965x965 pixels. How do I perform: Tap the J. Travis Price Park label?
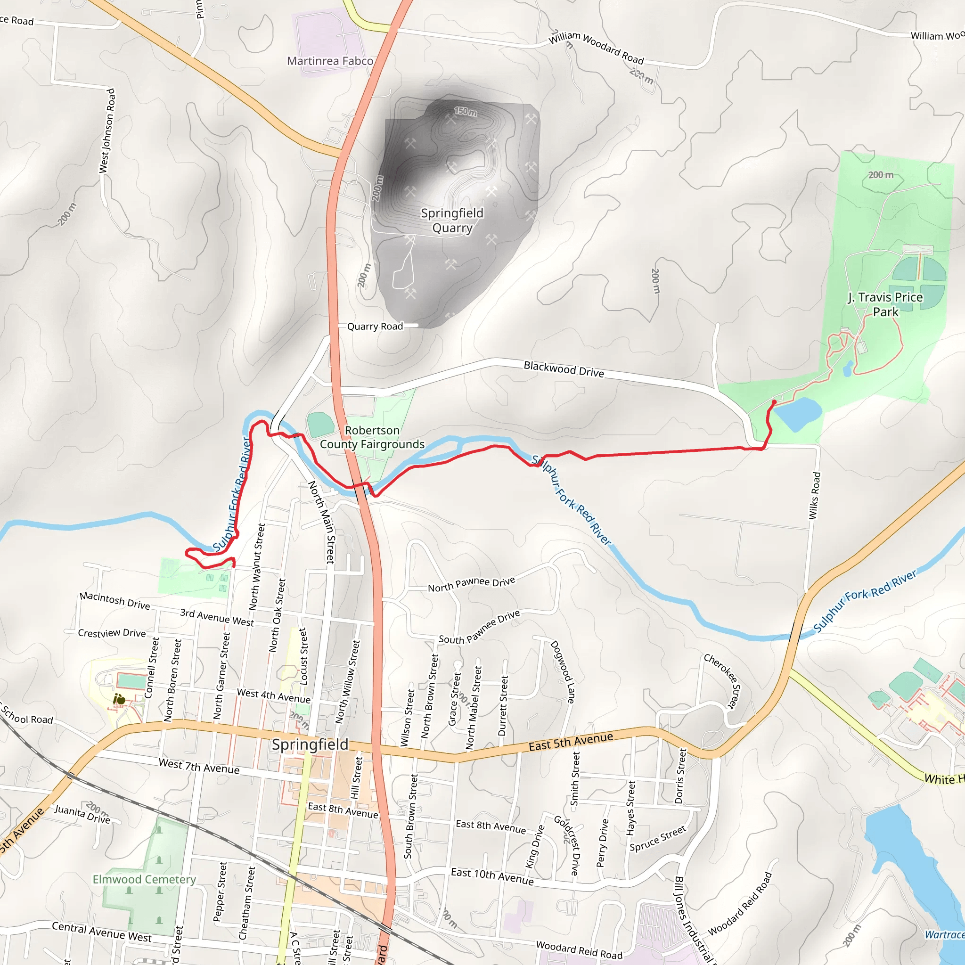[x=885, y=304]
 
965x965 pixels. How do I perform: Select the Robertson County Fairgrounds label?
[x=372, y=437]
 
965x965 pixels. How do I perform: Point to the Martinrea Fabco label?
[x=330, y=61]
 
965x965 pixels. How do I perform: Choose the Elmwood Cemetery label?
[x=144, y=879]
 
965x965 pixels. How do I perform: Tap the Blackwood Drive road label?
[x=564, y=369]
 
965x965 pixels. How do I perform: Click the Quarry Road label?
[x=375, y=326]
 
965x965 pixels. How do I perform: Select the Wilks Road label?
[x=814, y=496]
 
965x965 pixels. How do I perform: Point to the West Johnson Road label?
[x=107, y=131]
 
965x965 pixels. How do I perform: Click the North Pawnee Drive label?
[x=471, y=584]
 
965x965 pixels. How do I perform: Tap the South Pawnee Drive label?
[x=479, y=627]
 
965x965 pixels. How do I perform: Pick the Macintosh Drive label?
[x=114, y=600]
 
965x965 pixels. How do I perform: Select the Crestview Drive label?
[x=111, y=633]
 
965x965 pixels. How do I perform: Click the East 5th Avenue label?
[x=571, y=741]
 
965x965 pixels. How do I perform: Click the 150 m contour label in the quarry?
[x=465, y=111]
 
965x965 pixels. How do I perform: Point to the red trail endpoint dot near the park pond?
[x=774, y=401]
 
